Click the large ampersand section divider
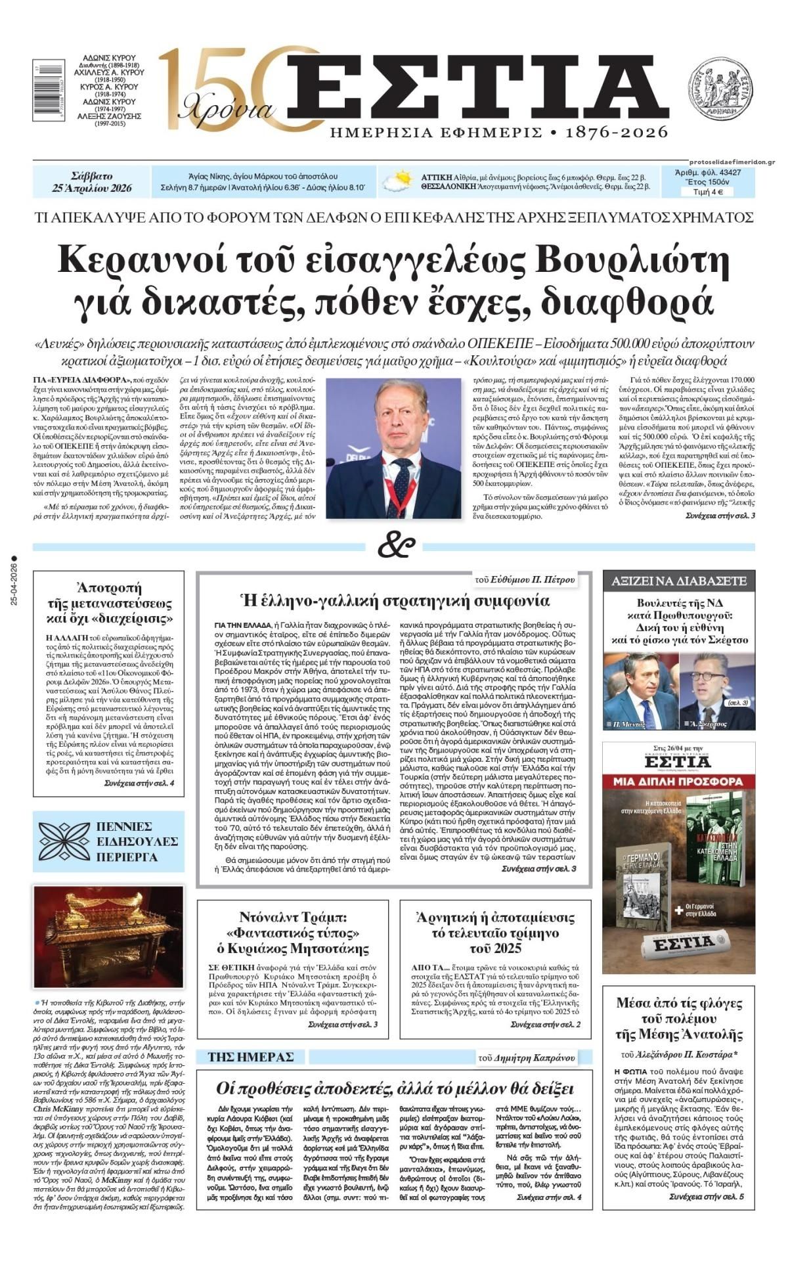(x=396, y=545)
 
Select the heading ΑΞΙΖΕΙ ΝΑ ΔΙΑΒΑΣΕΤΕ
(x=679, y=581)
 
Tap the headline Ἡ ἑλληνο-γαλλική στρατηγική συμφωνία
(x=396, y=600)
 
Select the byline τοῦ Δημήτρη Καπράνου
(x=527, y=1057)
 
